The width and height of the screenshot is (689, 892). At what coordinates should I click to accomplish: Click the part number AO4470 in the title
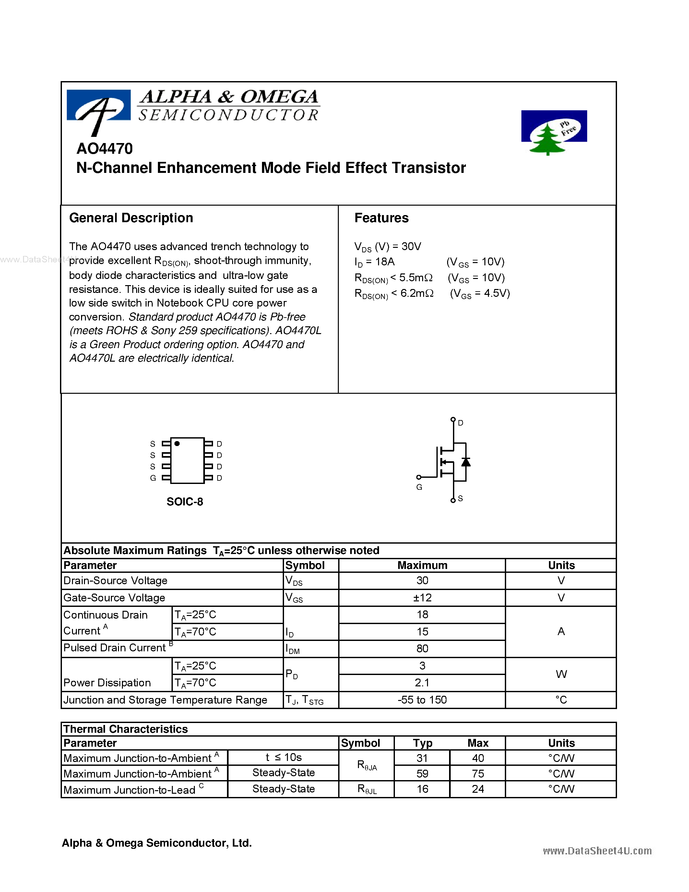104,149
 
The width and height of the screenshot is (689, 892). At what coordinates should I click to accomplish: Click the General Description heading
131,218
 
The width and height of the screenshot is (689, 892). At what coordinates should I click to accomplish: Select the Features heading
381,218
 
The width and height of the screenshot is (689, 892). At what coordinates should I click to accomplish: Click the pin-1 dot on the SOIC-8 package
177,443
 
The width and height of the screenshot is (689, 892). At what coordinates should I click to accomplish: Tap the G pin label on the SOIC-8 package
153,478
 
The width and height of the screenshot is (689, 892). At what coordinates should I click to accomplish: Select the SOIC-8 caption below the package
184,501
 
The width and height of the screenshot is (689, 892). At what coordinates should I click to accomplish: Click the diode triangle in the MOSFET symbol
466,462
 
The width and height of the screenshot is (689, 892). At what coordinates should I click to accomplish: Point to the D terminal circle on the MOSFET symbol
453,419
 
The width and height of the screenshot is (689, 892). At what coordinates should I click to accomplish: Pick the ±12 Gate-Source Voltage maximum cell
422,598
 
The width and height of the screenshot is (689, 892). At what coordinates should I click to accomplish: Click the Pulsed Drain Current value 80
422,649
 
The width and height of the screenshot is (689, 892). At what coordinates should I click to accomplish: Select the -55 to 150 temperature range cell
422,700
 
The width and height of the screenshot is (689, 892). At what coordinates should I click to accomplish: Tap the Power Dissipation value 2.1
422,683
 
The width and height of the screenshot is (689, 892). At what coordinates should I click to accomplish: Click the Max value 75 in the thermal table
478,774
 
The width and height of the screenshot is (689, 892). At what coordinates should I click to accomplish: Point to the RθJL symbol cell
366,789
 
